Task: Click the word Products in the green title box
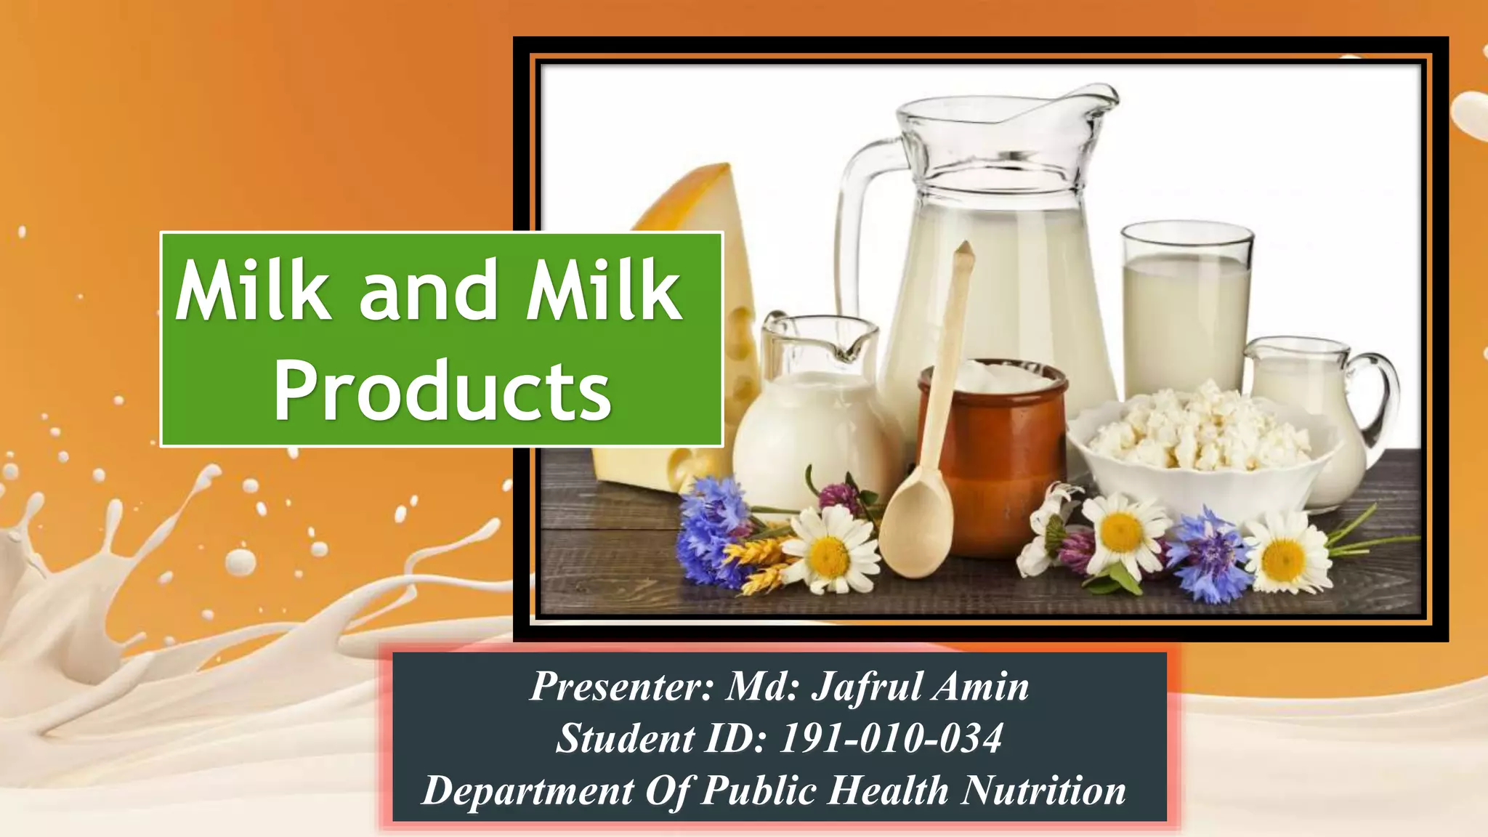pyautogui.click(x=442, y=392)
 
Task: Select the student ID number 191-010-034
pyautogui.click(x=891, y=738)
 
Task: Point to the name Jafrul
pyautogui.click(x=866, y=686)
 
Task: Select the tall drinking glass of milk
pyautogui.click(x=1186, y=312)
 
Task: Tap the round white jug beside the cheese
pyautogui.click(x=806, y=436)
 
